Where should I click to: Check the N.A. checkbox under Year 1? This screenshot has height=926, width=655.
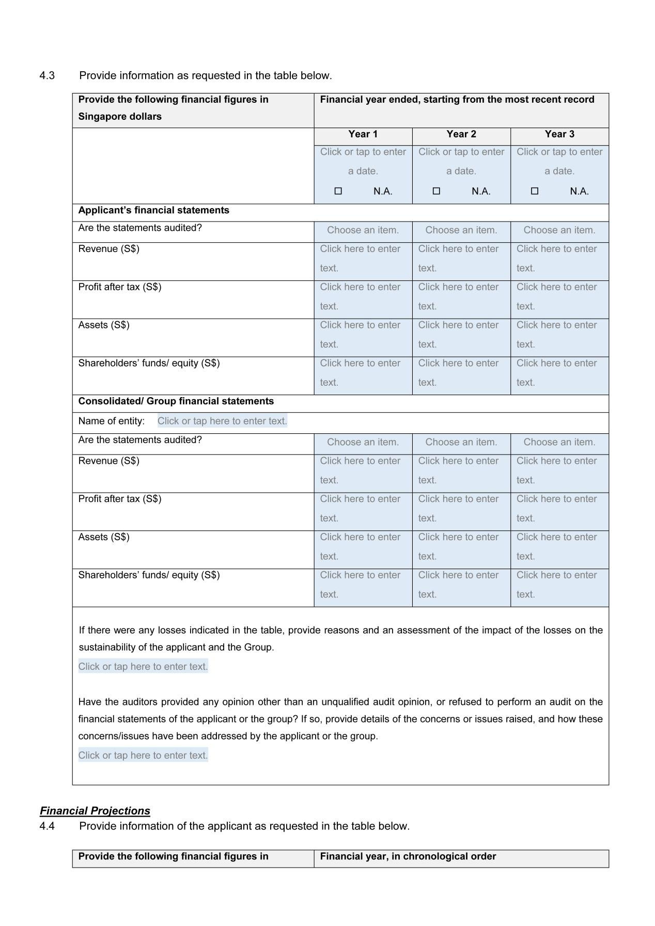[x=338, y=191]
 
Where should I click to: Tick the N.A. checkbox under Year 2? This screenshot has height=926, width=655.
[x=436, y=191]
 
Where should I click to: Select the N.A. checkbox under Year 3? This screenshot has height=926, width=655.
[x=535, y=191]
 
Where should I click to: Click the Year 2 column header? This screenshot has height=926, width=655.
[x=461, y=134]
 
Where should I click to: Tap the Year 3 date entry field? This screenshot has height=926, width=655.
[x=559, y=161]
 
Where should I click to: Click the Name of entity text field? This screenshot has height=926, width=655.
[x=222, y=421]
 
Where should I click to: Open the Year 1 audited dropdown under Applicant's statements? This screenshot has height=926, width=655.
[x=363, y=230]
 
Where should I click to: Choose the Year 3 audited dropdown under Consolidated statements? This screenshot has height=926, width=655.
[x=559, y=442]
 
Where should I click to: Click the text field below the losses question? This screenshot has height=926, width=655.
[x=143, y=667]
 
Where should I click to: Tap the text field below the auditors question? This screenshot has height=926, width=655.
[x=143, y=756]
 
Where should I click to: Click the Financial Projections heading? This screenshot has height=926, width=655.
[x=95, y=811]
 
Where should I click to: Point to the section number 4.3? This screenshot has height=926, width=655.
[x=47, y=76]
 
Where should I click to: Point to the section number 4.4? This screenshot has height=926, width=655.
[x=47, y=826]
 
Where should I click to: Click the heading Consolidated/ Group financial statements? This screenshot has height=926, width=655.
[x=176, y=401]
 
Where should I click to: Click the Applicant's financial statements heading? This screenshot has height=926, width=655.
[x=154, y=210]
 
